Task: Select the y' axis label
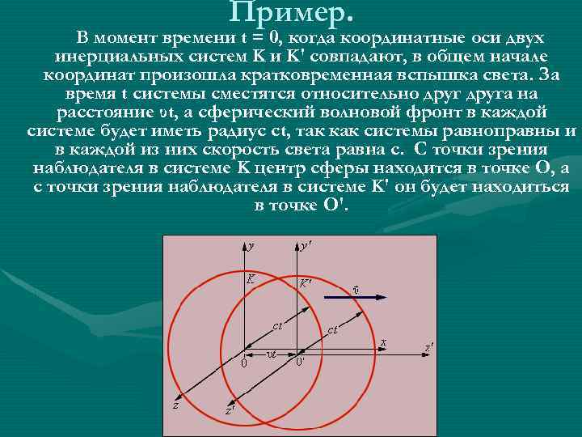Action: click(308, 244)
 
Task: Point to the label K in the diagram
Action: click(251, 279)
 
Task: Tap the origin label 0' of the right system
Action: click(300, 363)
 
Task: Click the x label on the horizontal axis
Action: click(383, 344)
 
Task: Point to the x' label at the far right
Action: click(429, 347)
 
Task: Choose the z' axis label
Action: click(230, 409)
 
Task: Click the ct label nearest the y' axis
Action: click(276, 326)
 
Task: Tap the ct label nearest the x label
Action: click(332, 329)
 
